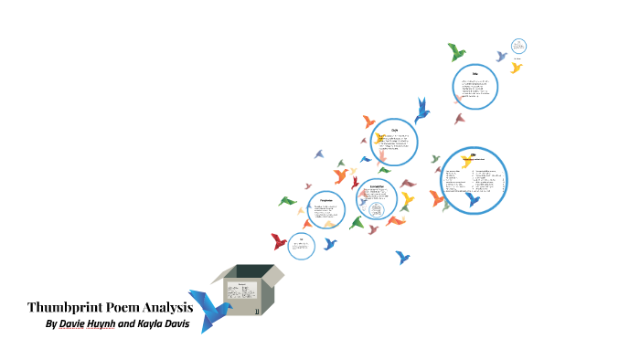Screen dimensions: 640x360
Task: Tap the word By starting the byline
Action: pyautogui.click(x=51, y=324)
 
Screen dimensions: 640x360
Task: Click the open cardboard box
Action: pyautogui.click(x=248, y=287)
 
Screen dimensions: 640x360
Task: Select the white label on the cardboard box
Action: pyautogui.click(x=243, y=295)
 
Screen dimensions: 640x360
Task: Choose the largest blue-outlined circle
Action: pyautogui.click(x=473, y=180)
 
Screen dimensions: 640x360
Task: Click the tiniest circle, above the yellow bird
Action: pyautogui.click(x=519, y=46)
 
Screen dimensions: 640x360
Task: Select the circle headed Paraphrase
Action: pyautogui.click(x=325, y=211)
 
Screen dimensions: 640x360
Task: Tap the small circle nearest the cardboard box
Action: pyautogui.click(x=301, y=244)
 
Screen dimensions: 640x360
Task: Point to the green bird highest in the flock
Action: pyautogui.click(x=456, y=51)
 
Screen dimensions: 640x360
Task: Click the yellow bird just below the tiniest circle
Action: pyautogui.click(x=517, y=67)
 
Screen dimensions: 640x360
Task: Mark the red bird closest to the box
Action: pyautogui.click(x=279, y=241)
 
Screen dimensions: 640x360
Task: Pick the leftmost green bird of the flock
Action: pyautogui.click(x=288, y=201)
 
